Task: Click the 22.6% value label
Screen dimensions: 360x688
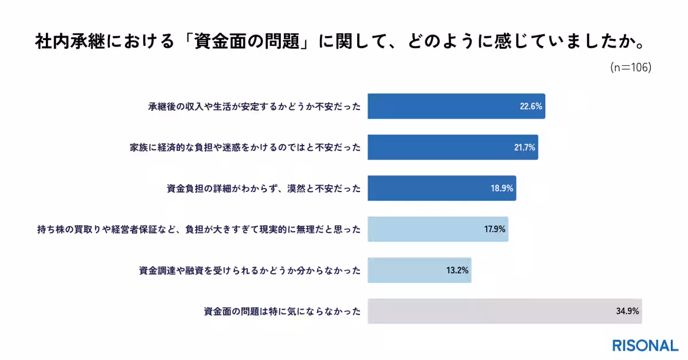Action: point(531,106)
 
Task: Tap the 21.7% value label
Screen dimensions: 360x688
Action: point(524,147)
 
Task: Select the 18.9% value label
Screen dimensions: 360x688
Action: point(502,188)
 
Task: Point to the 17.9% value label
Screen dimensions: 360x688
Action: point(494,229)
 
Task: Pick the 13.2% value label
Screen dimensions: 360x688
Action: point(458,270)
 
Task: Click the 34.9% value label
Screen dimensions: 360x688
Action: point(628,311)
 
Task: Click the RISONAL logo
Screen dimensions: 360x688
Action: point(645,346)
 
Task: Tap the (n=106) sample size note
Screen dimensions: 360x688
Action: point(631,67)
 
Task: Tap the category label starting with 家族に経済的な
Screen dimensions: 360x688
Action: point(245,147)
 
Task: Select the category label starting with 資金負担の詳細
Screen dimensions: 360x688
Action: point(263,188)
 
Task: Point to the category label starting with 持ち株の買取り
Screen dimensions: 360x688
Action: point(198,229)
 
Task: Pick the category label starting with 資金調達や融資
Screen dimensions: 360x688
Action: point(250,271)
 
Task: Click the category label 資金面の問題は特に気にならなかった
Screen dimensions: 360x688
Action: point(282,312)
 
